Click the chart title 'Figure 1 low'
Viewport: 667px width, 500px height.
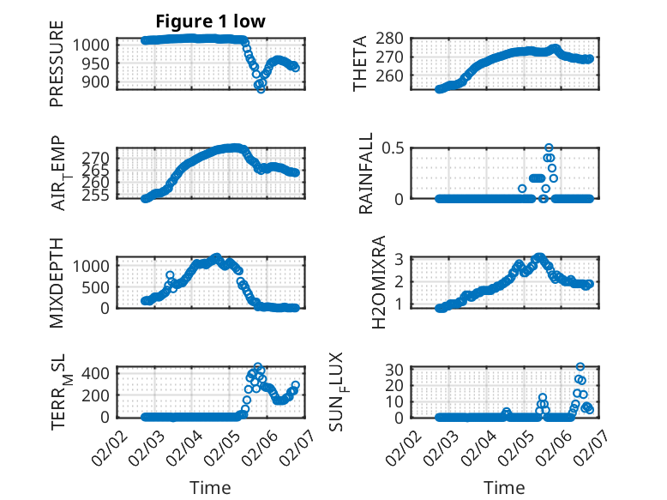click(210, 21)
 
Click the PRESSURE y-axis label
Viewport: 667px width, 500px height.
click(57, 69)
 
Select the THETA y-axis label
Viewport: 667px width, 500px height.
click(361, 63)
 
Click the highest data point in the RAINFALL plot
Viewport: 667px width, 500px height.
click(549, 148)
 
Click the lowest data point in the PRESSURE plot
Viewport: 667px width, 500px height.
click(261, 88)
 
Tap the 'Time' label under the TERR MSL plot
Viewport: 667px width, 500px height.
click(210, 488)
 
